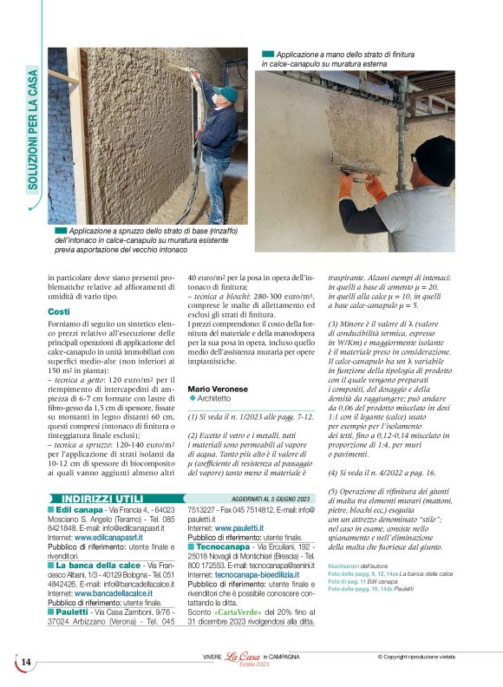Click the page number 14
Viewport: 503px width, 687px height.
(x=25, y=663)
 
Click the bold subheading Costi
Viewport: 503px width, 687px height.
(x=59, y=311)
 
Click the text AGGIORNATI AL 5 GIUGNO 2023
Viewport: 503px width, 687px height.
(x=271, y=499)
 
